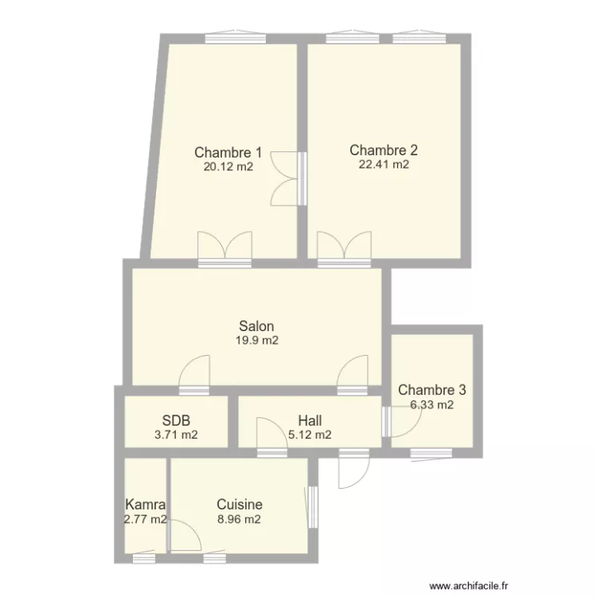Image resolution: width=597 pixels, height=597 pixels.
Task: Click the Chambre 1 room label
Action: [228, 152]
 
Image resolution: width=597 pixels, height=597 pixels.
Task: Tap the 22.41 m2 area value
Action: [384, 164]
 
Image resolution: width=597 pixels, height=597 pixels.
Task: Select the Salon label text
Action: [256, 326]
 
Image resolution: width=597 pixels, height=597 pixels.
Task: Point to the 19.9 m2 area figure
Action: [257, 340]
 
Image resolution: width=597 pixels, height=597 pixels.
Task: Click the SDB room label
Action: [176, 420]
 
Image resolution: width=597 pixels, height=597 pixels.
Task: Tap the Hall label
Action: [310, 420]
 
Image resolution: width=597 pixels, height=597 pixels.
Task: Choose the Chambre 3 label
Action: [431, 389]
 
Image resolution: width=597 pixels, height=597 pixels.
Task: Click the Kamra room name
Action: [146, 505]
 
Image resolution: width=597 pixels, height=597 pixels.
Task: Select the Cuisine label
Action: [240, 504]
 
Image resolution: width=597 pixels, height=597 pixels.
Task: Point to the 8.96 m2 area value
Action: [239, 519]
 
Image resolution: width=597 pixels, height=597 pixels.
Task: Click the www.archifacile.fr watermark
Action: [469, 586]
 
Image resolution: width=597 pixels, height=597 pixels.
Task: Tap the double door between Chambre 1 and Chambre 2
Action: [289, 178]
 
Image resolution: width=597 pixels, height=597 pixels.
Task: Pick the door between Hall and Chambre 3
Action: [402, 421]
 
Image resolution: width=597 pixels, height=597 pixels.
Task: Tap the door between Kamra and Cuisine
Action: [184, 535]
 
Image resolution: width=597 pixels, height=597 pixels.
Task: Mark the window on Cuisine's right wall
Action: [312, 507]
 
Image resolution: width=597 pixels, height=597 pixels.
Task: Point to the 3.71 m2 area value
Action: [176, 435]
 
